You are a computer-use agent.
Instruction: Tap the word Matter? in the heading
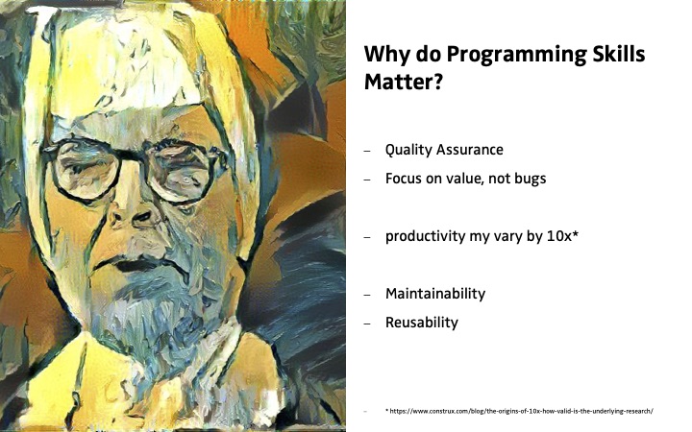(403, 82)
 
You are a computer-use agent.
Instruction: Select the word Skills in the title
(616, 54)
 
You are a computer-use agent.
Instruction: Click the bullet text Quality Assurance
(444, 151)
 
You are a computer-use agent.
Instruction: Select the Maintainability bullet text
(435, 294)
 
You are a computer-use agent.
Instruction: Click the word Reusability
(422, 323)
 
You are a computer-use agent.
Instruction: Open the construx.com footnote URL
(519, 411)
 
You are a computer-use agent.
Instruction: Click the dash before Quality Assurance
(367, 152)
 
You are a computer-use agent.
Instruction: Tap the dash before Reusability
(367, 324)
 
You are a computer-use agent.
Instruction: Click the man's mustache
(136, 261)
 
